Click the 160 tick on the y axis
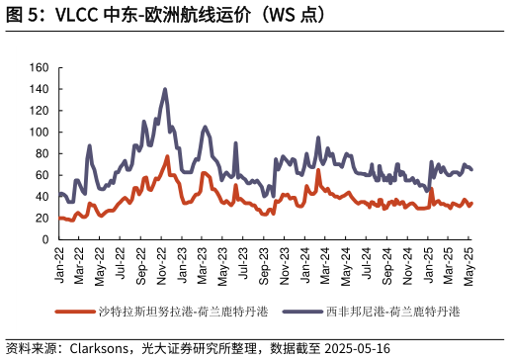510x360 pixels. (x=40, y=67)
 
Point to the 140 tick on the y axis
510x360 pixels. (x=40, y=89)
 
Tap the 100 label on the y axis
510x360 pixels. (x=40, y=132)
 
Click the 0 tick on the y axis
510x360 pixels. (x=45, y=239)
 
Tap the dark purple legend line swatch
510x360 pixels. (x=302, y=312)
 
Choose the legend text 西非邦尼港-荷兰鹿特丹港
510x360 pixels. (x=392, y=312)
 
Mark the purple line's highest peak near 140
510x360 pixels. (x=165, y=89)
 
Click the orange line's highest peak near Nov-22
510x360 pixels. (x=168, y=156)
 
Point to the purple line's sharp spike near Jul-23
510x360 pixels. (x=235, y=142)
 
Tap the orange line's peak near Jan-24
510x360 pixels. (x=318, y=170)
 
